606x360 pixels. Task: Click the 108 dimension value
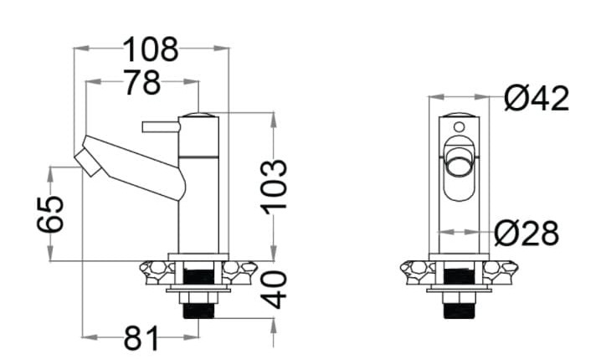coord(151,49)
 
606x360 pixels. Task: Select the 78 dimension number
coord(141,82)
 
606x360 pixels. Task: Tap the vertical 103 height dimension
coord(274,187)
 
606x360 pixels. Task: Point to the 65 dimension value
coord(50,214)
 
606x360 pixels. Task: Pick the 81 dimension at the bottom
coord(141,337)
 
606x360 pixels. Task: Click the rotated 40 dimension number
coord(274,290)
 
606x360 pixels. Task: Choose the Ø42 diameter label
coord(537,98)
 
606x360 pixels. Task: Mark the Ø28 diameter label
coord(526,233)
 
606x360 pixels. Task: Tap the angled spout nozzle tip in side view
coord(88,163)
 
